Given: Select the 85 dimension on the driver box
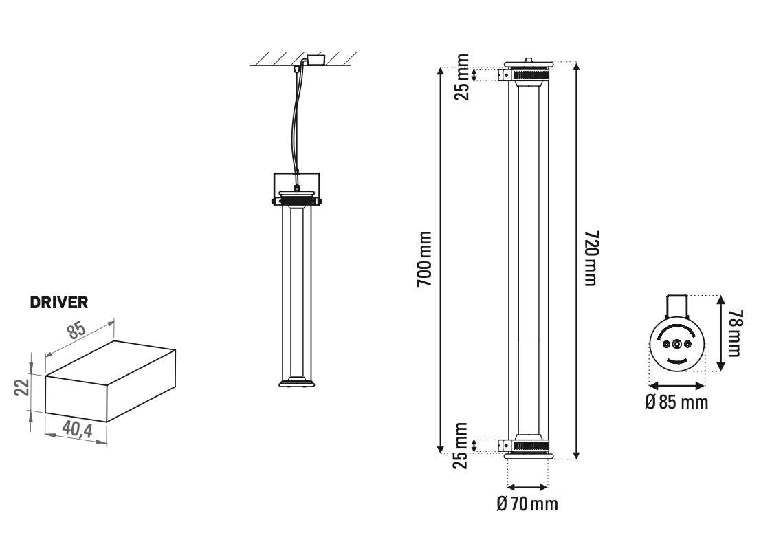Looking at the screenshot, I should [76, 332].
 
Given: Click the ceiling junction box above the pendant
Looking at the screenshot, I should [316, 60].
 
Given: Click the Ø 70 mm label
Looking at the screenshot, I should [527, 504].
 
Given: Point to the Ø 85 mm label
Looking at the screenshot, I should [676, 402].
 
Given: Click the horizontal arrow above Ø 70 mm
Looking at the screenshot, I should [527, 486].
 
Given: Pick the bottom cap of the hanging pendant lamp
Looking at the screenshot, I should [296, 382].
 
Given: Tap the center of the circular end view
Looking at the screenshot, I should [677, 343].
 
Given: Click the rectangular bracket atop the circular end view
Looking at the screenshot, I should [677, 305].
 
